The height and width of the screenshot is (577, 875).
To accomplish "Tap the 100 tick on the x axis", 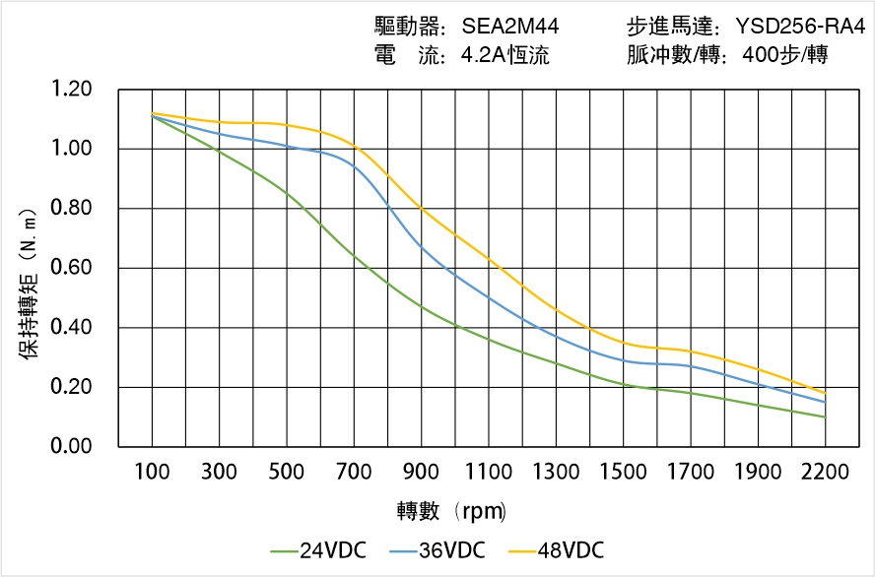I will pos(152,473).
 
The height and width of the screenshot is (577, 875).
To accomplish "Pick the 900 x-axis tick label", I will pos(421,473).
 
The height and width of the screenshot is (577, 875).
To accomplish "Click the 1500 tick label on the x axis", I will pos(623,473).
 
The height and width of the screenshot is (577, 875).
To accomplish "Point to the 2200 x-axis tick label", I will pos(825,473).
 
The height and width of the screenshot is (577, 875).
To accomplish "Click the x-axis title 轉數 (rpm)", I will pos(452,511).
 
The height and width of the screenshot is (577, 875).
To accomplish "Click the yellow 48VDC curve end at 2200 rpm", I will pos(825,393).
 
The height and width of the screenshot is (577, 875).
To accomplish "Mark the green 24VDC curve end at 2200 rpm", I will pos(825,417).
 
